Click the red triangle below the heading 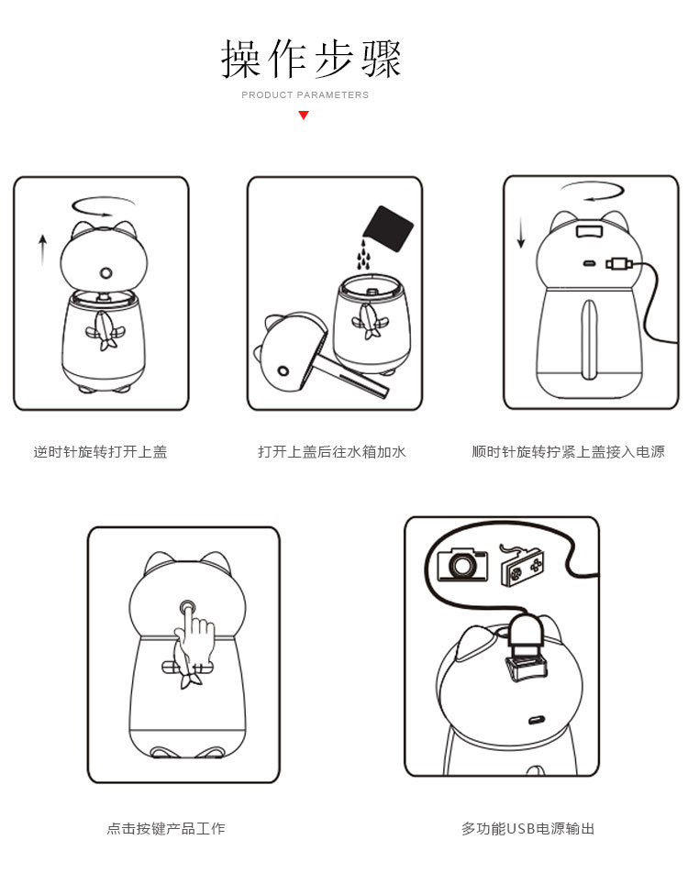[304, 116]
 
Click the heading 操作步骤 [311, 59]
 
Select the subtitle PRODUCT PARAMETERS [305, 94]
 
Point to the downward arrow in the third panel [520, 232]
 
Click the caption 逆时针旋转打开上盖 [101, 452]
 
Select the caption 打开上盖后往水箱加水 [332, 452]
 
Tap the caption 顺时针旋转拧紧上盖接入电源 [568, 452]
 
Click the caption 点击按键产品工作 [166, 828]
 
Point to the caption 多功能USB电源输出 [527, 828]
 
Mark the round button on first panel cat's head [105, 272]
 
